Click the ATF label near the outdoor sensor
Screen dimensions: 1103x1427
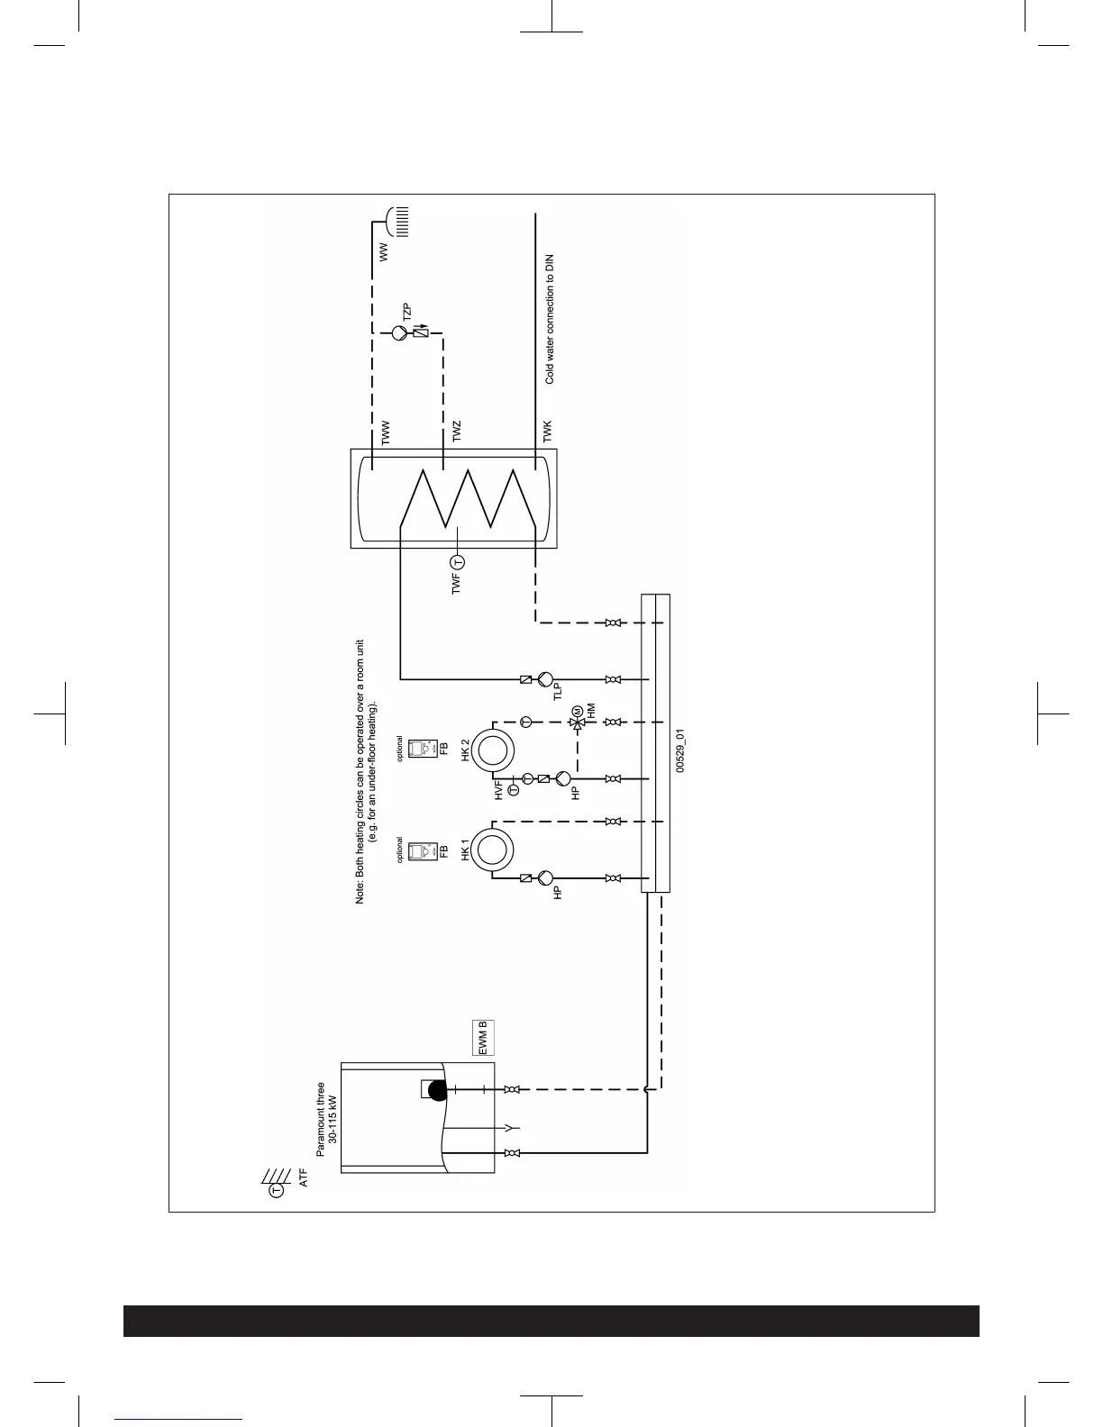pos(303,1177)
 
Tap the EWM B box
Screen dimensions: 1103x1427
pos(483,1038)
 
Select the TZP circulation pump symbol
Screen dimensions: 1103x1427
pos(399,333)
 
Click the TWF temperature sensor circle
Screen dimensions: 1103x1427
pos(457,562)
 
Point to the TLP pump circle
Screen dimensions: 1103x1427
pos(544,679)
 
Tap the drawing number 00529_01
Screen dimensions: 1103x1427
pos(680,750)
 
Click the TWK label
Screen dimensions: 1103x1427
pos(547,432)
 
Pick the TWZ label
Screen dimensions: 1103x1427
pos(457,432)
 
